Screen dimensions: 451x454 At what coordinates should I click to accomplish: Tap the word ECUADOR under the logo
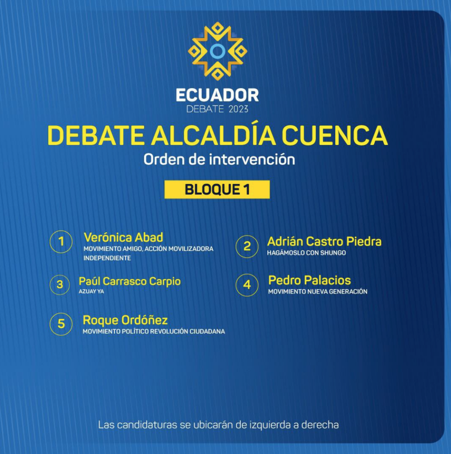(x=217, y=95)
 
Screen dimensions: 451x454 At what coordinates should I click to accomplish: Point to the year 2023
(x=239, y=109)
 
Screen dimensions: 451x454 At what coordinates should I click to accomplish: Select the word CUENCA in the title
(x=334, y=135)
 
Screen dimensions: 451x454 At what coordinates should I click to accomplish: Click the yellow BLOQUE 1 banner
(x=217, y=189)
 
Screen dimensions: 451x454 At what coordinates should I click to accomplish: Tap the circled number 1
(x=61, y=242)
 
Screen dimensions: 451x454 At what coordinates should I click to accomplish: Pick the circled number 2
(x=247, y=247)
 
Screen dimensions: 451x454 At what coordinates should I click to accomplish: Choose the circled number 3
(x=60, y=285)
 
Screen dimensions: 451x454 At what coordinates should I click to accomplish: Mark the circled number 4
(x=247, y=285)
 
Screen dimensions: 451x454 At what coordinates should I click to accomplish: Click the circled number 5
(x=61, y=324)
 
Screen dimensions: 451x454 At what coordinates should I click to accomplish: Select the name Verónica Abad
(x=123, y=238)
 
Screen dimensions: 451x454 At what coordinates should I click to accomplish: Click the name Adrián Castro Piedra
(x=324, y=242)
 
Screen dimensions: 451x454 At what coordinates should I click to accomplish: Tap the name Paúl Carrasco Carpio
(x=130, y=281)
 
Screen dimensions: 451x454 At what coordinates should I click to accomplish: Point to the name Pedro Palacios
(x=310, y=280)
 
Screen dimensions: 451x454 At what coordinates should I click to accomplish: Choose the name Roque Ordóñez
(x=125, y=320)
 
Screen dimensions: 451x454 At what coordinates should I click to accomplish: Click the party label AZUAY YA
(x=91, y=292)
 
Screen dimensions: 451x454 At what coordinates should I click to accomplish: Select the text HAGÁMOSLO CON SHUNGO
(x=306, y=253)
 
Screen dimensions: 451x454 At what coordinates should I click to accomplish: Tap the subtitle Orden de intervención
(x=219, y=160)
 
